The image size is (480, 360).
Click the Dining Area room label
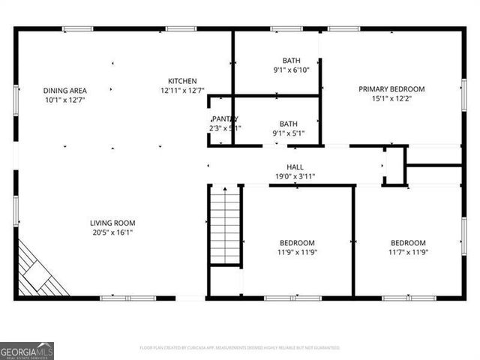click(64, 90)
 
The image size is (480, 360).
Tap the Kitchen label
click(182, 81)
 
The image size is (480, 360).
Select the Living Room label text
click(112, 223)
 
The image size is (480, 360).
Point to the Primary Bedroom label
click(391, 89)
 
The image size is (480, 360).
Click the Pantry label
click(224, 119)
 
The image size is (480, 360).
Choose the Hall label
click(295, 167)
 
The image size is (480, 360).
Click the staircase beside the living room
click(225, 226)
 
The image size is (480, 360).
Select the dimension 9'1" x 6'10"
click(291, 70)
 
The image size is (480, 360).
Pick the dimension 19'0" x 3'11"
click(295, 177)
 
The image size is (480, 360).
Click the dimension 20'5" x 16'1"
click(112, 232)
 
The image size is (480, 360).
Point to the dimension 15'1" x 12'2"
click(391, 99)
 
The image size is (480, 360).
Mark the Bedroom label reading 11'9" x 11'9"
click(297, 243)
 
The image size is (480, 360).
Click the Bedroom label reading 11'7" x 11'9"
click(408, 243)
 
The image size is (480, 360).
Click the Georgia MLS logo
click(27, 350)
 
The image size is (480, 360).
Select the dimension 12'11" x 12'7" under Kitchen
click(182, 91)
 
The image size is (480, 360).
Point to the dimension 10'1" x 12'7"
click(64, 100)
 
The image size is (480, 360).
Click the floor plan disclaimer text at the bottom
click(239, 348)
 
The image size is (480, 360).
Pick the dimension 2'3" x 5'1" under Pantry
click(225, 128)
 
